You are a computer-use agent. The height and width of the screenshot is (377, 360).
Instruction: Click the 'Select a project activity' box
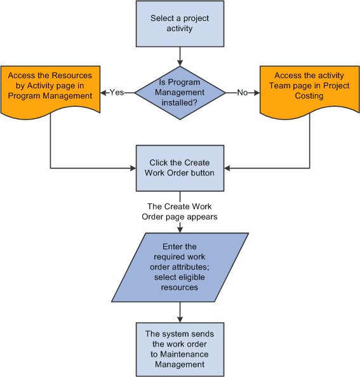click(x=180, y=24)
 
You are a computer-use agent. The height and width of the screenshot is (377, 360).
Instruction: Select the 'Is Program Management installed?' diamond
click(x=180, y=92)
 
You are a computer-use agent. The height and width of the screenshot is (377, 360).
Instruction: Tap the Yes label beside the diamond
click(x=117, y=92)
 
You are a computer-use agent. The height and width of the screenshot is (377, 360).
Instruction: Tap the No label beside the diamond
click(x=243, y=92)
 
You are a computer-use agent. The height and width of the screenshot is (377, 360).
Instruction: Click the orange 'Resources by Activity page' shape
click(x=50, y=88)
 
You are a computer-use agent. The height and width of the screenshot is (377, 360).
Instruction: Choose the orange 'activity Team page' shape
click(x=310, y=88)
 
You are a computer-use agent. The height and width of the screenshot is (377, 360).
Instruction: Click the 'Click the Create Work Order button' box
click(x=180, y=168)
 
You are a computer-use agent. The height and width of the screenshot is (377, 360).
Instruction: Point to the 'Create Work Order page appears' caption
click(x=180, y=212)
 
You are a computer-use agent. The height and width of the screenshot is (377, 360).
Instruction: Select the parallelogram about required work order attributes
click(x=180, y=266)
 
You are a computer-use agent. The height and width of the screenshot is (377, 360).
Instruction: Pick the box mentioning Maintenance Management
click(x=180, y=349)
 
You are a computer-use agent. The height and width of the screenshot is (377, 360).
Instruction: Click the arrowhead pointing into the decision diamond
click(x=180, y=62)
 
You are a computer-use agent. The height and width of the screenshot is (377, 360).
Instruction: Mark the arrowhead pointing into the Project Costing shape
click(x=257, y=92)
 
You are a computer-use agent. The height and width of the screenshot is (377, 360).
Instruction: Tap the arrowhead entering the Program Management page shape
click(x=103, y=92)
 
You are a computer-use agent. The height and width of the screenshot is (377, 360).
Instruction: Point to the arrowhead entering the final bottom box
click(x=180, y=319)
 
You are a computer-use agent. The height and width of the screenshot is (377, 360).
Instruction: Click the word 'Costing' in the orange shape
click(x=310, y=95)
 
